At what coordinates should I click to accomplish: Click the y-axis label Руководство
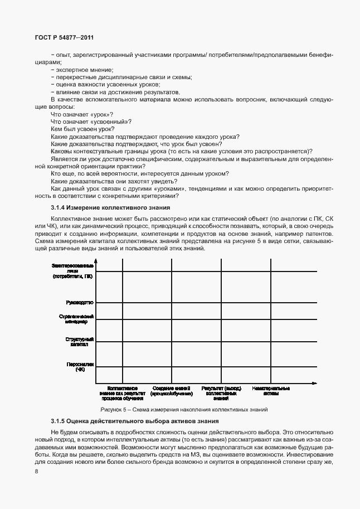[x=80, y=302]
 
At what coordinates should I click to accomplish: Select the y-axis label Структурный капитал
[x=80, y=342]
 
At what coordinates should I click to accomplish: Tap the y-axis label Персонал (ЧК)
[x=81, y=366]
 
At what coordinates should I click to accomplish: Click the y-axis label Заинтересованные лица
[x=76, y=270]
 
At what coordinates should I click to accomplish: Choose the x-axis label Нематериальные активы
[x=270, y=390]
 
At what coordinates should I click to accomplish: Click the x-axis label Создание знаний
[x=172, y=390]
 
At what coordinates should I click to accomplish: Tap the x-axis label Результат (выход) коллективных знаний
[x=221, y=393]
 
